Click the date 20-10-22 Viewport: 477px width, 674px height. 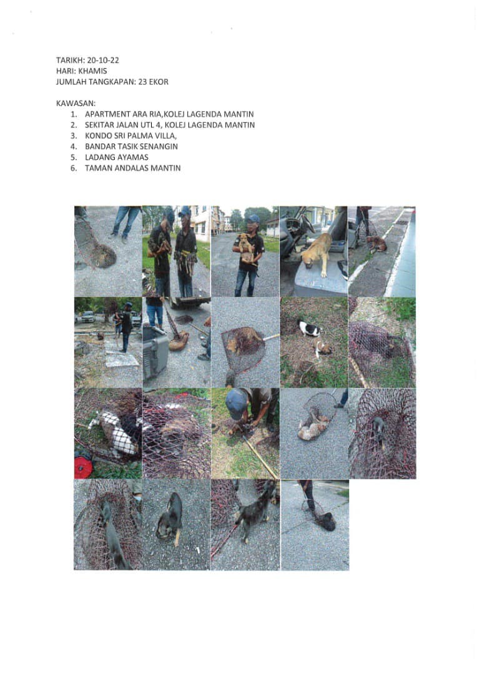pyautogui.click(x=103, y=60)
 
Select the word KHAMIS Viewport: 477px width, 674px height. pyautogui.click(x=92, y=71)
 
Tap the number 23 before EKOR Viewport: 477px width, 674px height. pyautogui.click(x=142, y=82)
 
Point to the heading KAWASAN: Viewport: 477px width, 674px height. pyautogui.click(x=76, y=104)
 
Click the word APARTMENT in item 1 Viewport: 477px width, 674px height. pyautogui.click(x=107, y=114)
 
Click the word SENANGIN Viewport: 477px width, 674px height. pyautogui.click(x=157, y=147)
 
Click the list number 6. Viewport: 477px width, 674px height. pyautogui.click(x=74, y=168)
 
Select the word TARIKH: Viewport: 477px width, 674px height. pyautogui.click(x=70, y=60)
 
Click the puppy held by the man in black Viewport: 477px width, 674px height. pyautogui.click(x=246, y=248)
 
